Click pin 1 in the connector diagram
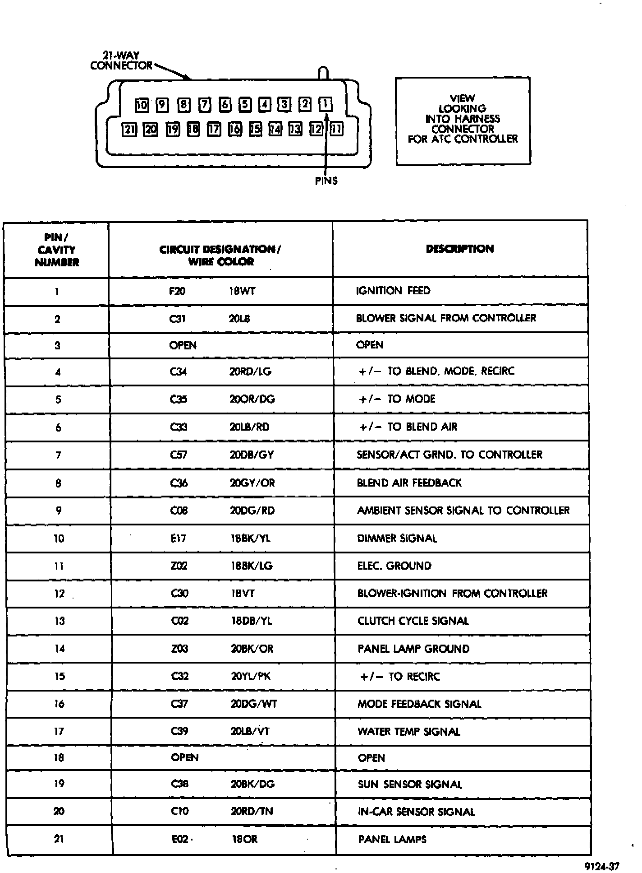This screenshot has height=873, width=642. pos(325,105)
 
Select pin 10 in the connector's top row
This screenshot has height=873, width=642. pos(142,106)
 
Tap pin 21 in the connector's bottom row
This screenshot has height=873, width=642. pos(129,130)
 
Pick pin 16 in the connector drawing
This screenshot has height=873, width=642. pos(235,130)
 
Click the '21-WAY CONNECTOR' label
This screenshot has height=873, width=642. pos(121,61)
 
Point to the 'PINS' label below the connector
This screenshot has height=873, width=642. pos(326,181)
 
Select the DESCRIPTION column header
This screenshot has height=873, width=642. pos(460,249)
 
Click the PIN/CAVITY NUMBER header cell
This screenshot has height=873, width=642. pos(57,250)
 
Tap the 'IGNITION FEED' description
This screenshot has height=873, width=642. pos(393,291)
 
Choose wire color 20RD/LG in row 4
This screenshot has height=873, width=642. pos(250,371)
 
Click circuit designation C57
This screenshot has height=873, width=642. pos(179,455)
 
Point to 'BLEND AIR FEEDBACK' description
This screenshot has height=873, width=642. pos(409,483)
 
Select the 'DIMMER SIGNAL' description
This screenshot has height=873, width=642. pos(397,539)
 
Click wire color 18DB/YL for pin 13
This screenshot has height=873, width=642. pos(252,621)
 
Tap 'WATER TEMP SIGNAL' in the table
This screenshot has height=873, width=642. pos(409,732)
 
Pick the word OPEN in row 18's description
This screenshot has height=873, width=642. pos(371,758)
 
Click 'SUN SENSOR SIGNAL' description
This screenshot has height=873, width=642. pos(410,785)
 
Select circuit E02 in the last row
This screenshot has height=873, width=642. pos(179,839)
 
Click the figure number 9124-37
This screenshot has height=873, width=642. pos(602,866)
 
